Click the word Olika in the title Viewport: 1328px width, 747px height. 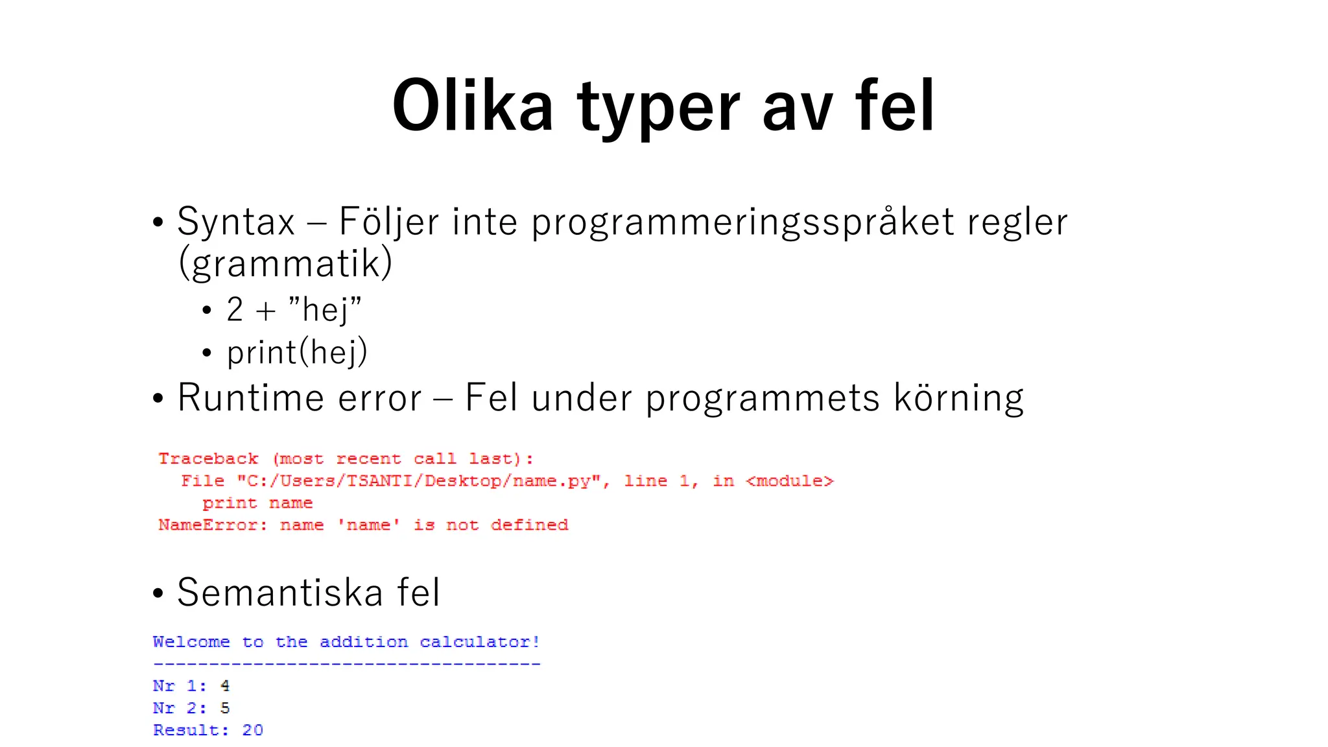click(x=472, y=106)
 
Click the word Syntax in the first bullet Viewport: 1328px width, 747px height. click(x=236, y=222)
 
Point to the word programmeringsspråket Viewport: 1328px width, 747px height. click(x=742, y=223)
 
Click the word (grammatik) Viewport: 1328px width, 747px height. click(x=285, y=263)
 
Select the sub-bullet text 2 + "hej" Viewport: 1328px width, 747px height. click(x=294, y=309)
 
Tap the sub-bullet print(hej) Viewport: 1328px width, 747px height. click(x=297, y=353)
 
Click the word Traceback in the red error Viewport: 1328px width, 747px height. click(x=208, y=459)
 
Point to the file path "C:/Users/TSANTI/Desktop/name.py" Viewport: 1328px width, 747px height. click(x=423, y=481)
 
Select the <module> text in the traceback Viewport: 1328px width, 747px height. click(x=789, y=481)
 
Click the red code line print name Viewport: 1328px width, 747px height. click(x=257, y=503)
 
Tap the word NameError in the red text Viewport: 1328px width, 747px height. click(x=211, y=525)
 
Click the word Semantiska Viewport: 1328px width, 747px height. click(x=280, y=592)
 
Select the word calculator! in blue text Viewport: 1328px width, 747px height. click(x=479, y=642)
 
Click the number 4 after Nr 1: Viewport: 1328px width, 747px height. click(x=225, y=686)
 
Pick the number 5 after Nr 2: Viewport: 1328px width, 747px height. click(x=225, y=708)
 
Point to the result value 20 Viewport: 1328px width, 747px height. click(x=252, y=730)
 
